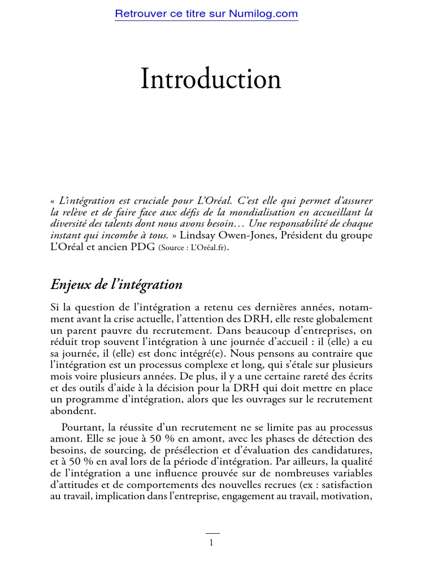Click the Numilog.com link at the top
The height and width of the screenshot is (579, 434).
click(x=206, y=14)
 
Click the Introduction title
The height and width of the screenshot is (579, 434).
click(x=211, y=79)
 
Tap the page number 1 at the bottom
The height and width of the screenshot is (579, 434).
click(x=211, y=543)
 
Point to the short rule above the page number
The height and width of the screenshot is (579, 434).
click(x=212, y=533)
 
